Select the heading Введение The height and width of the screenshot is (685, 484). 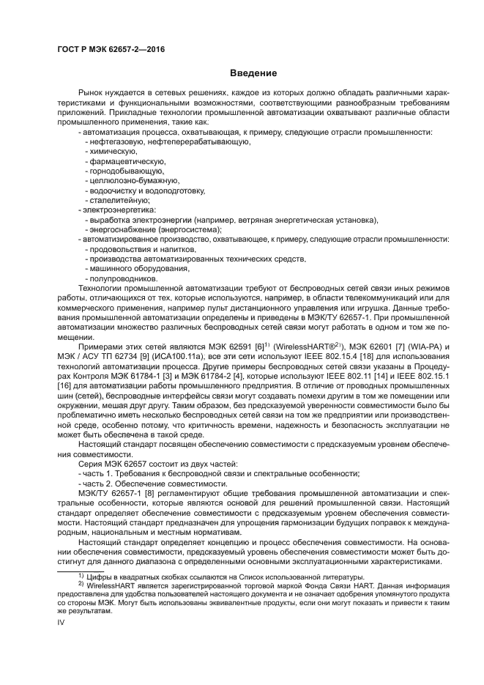click(253, 73)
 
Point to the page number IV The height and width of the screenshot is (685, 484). click(62, 622)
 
